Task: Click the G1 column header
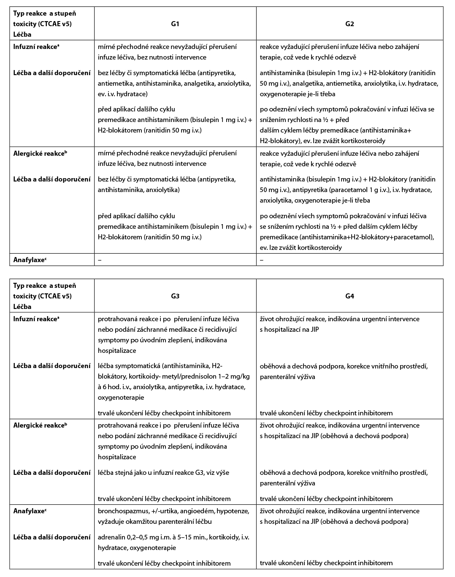(175, 24)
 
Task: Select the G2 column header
(349, 24)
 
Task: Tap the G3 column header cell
(175, 296)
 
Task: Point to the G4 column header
(349, 296)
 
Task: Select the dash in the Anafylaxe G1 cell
(100, 260)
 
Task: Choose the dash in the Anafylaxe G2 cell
(262, 260)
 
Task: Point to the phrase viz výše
(217, 473)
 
